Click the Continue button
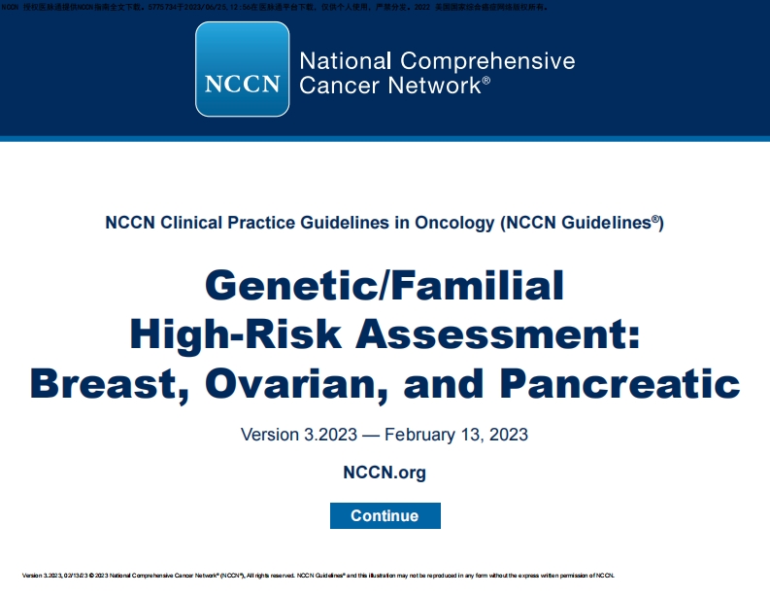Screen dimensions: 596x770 [385, 515]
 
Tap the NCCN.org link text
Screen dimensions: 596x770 [385, 473]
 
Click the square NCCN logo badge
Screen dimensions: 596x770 [243, 69]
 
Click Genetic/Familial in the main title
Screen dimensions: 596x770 [385, 286]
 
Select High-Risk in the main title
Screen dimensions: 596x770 [237, 334]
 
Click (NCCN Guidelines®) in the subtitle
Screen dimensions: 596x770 [582, 223]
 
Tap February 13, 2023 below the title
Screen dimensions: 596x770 [460, 434]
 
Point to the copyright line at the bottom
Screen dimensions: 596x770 [317, 575]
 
